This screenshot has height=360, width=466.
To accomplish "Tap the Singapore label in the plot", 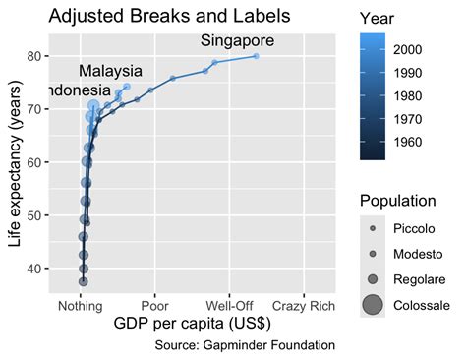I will pos(237,41).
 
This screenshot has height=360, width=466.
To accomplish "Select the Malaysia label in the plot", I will pos(110,72).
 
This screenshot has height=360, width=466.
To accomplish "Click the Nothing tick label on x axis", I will pos(81,305).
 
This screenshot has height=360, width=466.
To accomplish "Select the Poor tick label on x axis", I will pos(155,305).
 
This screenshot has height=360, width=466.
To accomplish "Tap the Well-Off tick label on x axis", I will pos(229,305).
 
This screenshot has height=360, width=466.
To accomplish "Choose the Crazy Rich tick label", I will pos(303,305).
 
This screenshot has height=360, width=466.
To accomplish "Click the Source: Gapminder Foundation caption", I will pos(245,345).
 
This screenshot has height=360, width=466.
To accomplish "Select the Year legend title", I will pos(378,18).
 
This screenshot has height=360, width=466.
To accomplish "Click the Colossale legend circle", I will pos(373,305).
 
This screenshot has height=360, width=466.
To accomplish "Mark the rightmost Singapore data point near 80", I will pos(256,56).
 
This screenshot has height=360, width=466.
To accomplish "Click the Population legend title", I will pos(397,201).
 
